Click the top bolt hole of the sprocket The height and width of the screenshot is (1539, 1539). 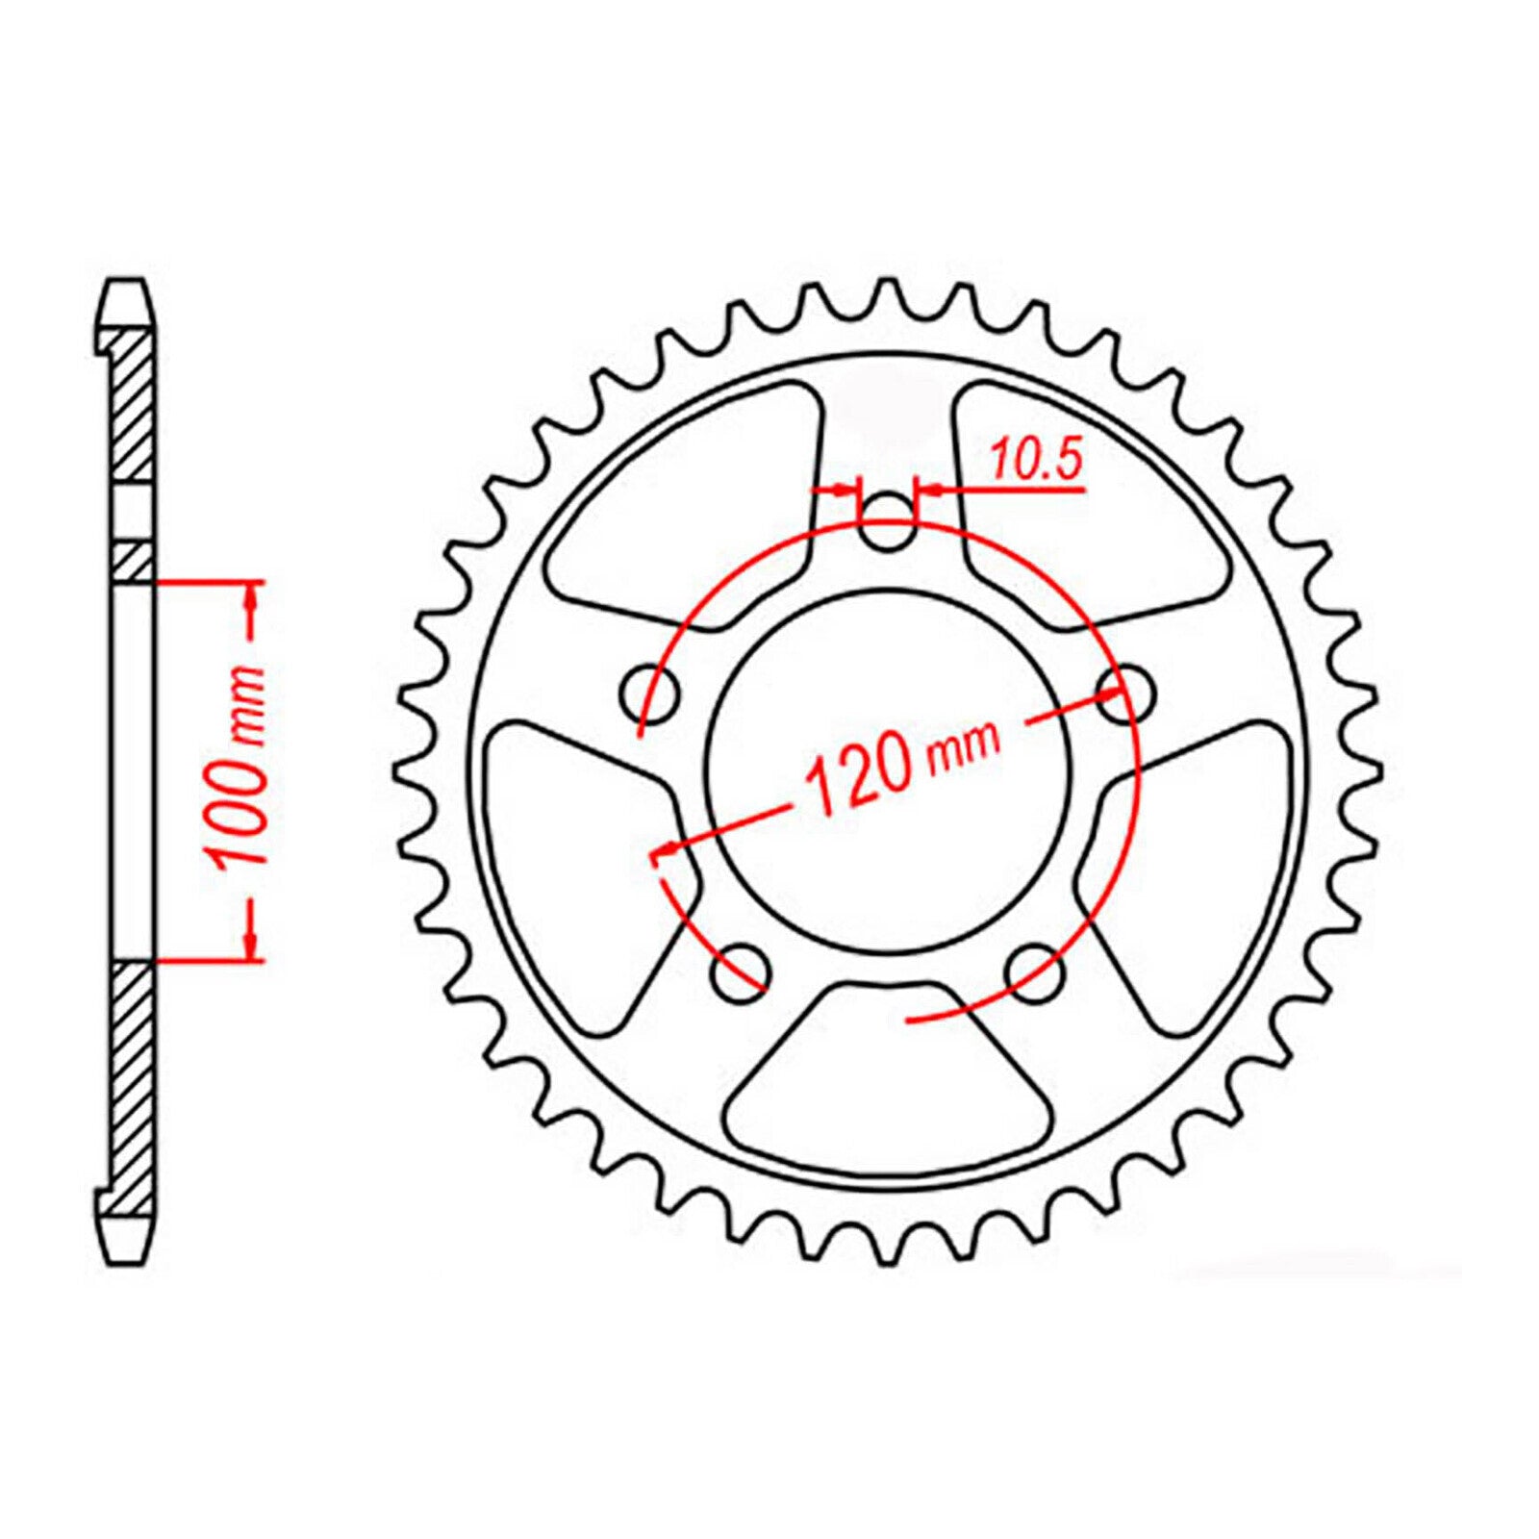(886, 526)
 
